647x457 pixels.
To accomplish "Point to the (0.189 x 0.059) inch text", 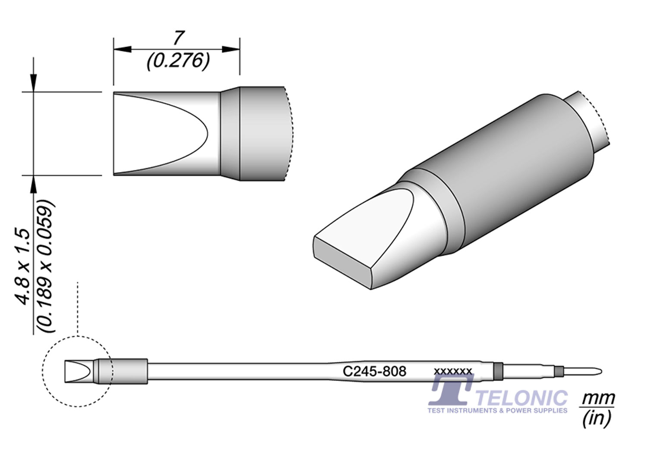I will click(x=46, y=266).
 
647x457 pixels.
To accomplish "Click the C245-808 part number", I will click(x=374, y=371).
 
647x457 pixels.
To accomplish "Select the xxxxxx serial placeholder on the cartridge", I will click(x=453, y=371).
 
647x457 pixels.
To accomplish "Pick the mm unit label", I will click(x=598, y=398).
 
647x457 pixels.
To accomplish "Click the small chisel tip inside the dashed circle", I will click(x=78, y=371).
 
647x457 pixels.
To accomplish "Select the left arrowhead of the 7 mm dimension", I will click(x=122, y=49).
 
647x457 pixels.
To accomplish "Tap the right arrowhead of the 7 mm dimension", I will click(x=231, y=49).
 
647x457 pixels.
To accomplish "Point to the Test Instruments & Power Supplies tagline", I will click(x=497, y=410).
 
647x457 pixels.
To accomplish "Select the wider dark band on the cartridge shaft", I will click(x=498, y=370).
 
